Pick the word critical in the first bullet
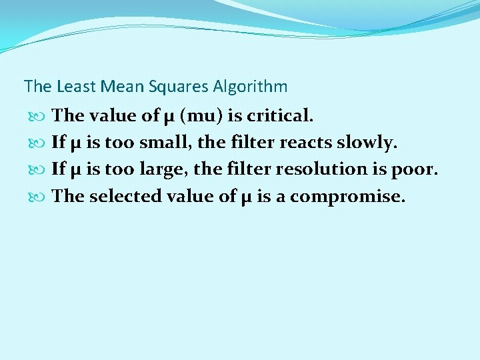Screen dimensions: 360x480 pos(279,116)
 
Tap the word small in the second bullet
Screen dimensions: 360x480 pos(163,143)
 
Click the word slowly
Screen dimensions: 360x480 pos(365,143)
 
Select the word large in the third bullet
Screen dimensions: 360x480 pos(162,169)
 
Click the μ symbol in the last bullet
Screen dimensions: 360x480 pos(245,197)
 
